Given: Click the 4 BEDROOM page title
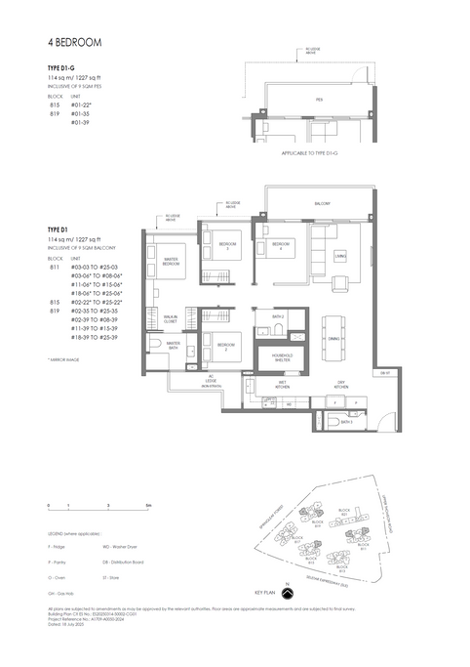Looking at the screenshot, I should point(73,44).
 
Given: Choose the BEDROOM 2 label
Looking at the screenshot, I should point(225,346).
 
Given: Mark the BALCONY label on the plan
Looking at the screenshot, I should point(321,203).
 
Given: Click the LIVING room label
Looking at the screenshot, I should point(339,256).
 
